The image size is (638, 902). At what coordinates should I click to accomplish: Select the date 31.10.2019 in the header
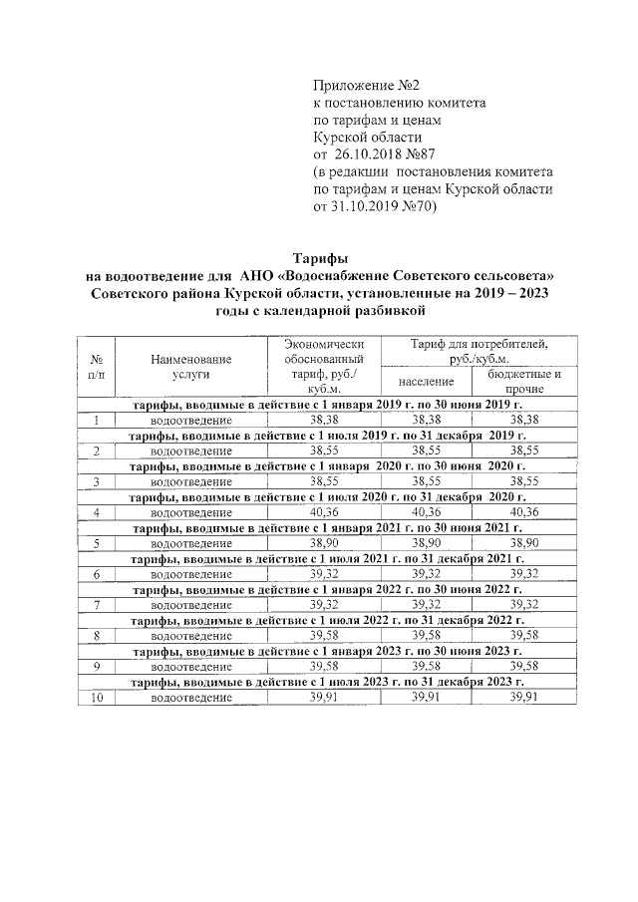pyautogui.click(x=363, y=208)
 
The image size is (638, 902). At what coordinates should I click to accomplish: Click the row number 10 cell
pyautogui.click(x=99, y=697)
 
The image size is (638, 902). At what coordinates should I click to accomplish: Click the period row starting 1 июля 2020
pyautogui.click(x=329, y=497)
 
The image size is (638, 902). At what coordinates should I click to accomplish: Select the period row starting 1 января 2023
pyautogui.click(x=329, y=651)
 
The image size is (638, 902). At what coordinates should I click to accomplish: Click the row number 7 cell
pyautogui.click(x=99, y=605)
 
